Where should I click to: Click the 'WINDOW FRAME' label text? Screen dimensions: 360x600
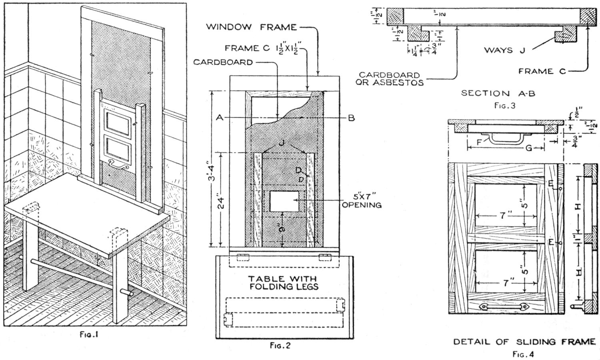click(x=251, y=27)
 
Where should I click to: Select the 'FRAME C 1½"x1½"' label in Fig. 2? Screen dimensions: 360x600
click(x=262, y=48)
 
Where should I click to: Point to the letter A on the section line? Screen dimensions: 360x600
click(x=218, y=118)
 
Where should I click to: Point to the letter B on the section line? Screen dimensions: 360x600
click(x=351, y=118)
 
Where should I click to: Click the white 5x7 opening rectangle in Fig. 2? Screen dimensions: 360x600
click(x=284, y=201)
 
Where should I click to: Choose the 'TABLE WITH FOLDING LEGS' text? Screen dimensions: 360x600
click(x=283, y=282)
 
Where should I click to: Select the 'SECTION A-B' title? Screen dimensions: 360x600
click(x=498, y=93)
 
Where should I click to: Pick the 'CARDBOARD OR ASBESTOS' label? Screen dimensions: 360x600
click(x=391, y=79)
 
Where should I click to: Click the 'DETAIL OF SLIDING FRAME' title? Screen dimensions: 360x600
click(x=524, y=342)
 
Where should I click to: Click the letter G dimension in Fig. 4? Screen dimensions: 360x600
click(x=529, y=148)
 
